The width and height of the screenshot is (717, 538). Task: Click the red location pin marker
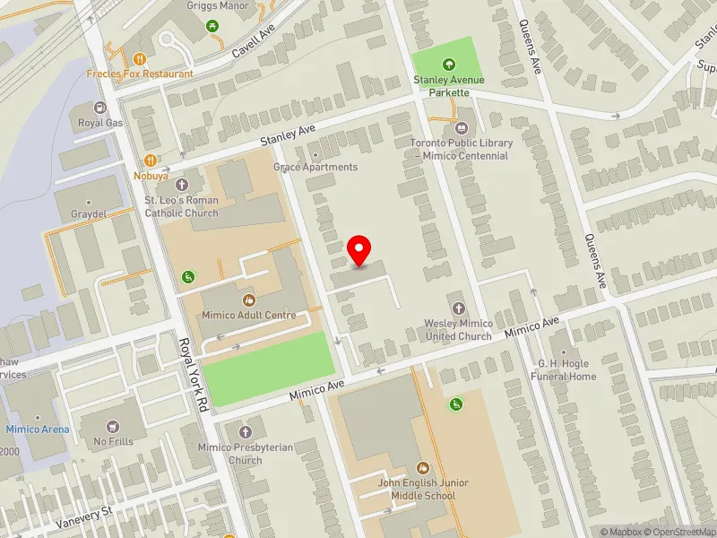359,250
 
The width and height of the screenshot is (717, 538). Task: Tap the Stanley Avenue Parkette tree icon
448,64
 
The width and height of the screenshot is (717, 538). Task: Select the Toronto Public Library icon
462,127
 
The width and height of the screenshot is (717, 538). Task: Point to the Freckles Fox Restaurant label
139,74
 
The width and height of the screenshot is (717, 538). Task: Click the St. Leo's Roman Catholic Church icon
182,185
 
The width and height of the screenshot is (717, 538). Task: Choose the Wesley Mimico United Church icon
458,308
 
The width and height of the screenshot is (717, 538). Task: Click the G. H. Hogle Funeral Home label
566,369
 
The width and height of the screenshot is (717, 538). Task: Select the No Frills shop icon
113,426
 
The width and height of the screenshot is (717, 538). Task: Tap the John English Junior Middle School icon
422,468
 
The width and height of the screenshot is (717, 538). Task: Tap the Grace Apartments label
315,168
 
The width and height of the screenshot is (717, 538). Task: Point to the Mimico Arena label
37,430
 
